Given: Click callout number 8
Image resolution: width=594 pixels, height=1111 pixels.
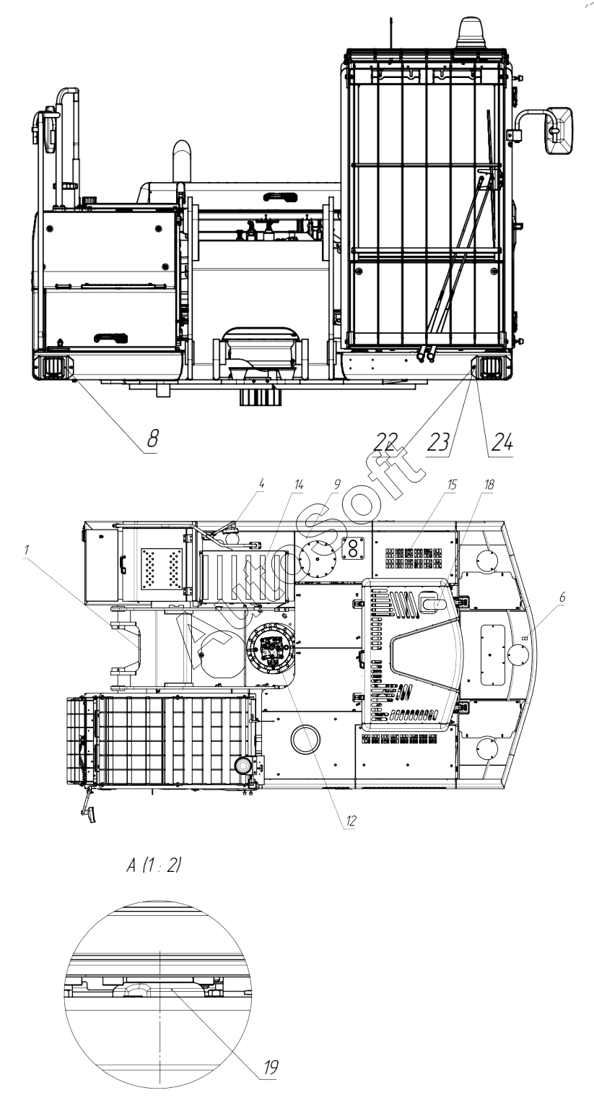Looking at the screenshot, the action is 152,438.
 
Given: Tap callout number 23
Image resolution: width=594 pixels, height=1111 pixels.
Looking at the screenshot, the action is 438,441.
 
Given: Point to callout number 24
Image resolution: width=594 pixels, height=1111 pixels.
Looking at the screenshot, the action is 501,441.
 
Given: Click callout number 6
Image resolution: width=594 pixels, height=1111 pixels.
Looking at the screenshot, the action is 562,597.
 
